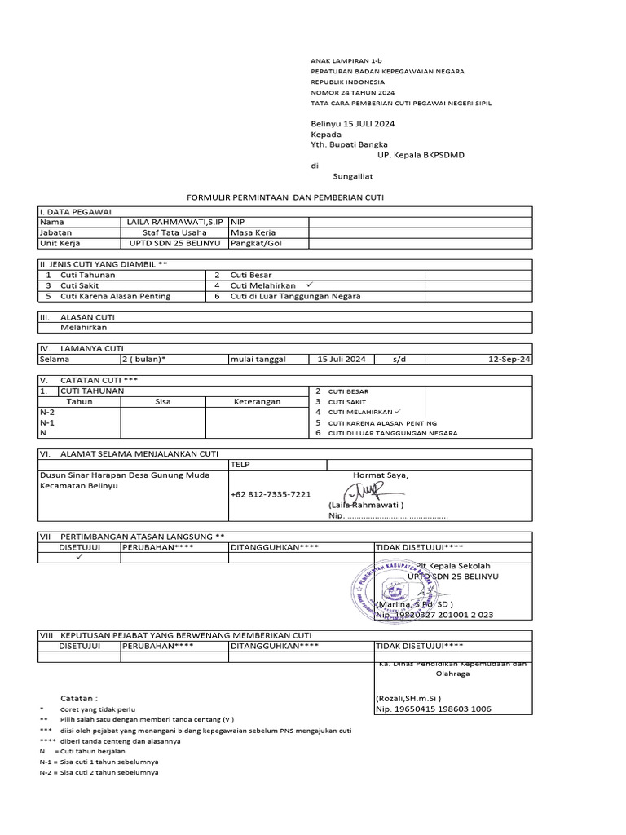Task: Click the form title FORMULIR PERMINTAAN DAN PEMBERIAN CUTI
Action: coord(285,197)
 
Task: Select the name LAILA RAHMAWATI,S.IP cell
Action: coord(176,222)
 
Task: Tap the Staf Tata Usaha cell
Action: coord(174,232)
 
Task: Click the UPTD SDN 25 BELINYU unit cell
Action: coord(174,243)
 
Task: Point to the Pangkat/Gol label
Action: coord(257,243)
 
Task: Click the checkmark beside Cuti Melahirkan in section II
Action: coord(309,285)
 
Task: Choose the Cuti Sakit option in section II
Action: coord(82,286)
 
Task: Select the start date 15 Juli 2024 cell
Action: coord(342,359)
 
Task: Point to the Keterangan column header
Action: coord(257,401)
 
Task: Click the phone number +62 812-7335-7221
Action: coord(271,494)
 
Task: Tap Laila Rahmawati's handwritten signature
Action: coord(362,493)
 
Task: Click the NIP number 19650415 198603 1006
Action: coord(433,709)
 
